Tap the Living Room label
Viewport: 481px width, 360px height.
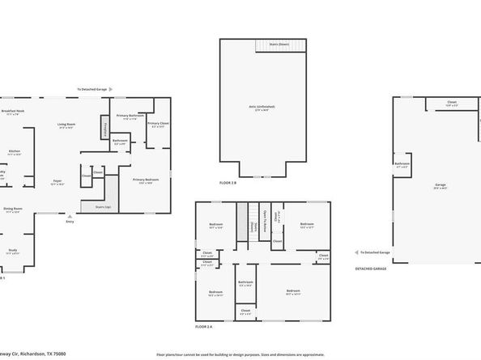66,125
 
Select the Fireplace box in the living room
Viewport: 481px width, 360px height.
104,128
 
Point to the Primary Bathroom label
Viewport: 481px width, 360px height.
130,115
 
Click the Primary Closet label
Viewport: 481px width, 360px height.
158,124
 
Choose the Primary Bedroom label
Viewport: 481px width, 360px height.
146,180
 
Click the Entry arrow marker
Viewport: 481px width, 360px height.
70,216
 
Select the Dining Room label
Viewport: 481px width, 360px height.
13,209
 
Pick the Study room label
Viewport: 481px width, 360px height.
12,251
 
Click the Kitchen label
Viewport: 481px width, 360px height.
15,151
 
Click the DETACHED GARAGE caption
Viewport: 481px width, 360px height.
371,269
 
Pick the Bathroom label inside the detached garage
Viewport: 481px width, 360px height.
402,163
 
